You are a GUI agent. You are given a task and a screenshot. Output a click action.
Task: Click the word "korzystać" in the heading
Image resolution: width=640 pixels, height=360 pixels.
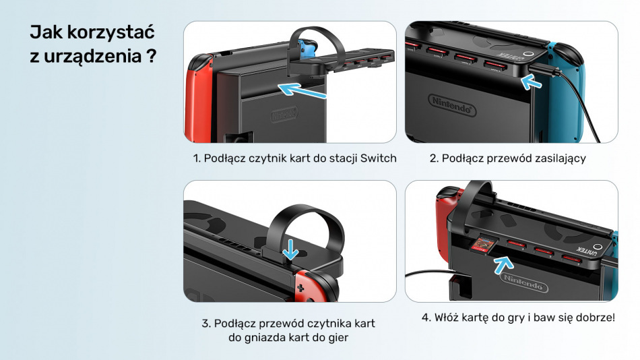point(110,32)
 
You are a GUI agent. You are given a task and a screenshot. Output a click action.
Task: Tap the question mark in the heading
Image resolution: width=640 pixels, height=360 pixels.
point(151,56)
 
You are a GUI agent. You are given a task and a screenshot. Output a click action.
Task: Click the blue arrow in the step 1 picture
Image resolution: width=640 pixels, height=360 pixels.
point(302,90)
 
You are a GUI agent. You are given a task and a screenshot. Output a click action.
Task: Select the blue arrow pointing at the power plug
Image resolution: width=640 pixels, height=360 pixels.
point(532,82)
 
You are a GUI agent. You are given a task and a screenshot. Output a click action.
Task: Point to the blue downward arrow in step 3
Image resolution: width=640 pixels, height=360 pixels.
point(290,249)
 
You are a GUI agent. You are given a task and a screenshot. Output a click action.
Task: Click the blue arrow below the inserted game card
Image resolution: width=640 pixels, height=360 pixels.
point(503,265)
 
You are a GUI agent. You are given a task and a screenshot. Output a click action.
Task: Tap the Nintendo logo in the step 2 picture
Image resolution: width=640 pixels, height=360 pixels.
point(452,105)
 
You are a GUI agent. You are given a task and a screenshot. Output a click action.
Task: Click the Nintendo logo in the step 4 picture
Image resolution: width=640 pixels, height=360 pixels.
point(523,282)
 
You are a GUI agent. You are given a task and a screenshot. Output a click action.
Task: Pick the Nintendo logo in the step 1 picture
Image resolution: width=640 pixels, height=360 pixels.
point(284,114)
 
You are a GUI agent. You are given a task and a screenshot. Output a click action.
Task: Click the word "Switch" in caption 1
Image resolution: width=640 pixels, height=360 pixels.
point(379,158)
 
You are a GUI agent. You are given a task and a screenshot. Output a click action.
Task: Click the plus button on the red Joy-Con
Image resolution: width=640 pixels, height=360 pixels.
point(300,289)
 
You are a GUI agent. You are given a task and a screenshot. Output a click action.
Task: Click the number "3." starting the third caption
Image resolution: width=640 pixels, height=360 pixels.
point(206,324)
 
